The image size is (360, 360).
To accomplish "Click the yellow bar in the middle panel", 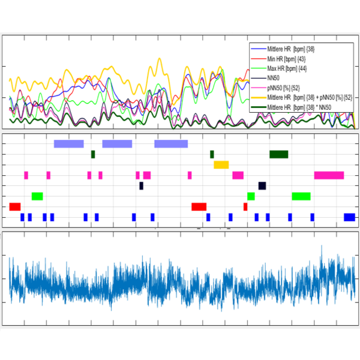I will pos(221,164).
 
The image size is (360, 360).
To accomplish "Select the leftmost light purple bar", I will pos(68,143).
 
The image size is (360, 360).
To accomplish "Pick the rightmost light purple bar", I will pos(171,143).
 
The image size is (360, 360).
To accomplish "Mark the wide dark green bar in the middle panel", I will pos(279,154).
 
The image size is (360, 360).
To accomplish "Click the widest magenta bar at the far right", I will pos(329,175).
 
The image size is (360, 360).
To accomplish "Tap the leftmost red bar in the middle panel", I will pos(15,206).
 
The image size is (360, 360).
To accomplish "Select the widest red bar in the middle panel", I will pos(199,206).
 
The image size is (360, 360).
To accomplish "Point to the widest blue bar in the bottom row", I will pos(349,217).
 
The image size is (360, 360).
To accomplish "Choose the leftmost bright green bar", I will pos(37,196).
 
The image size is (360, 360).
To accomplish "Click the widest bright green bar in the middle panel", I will pos(301,196).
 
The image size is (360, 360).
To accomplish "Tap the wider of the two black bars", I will pos(262,185).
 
